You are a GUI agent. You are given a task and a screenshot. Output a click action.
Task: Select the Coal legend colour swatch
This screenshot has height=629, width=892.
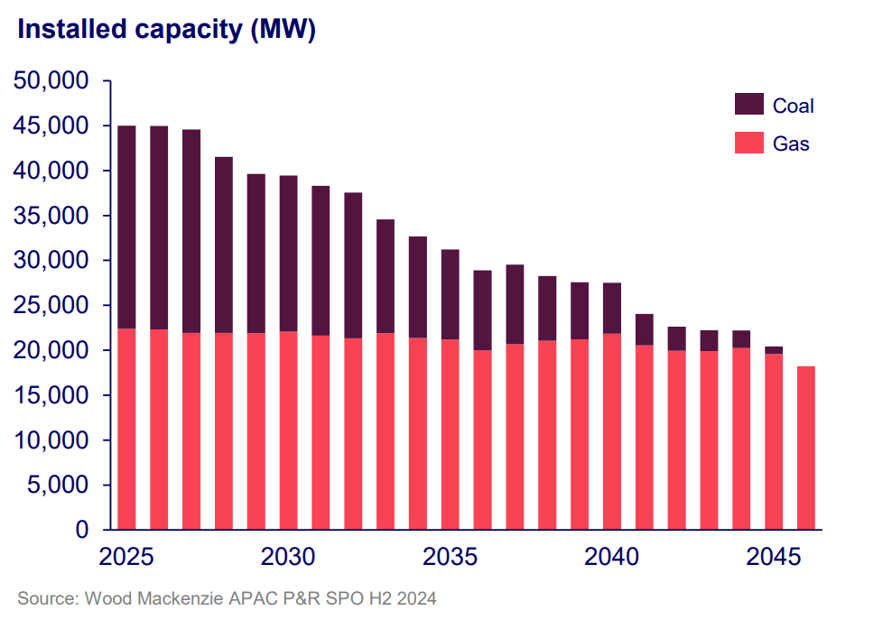tap(748, 105)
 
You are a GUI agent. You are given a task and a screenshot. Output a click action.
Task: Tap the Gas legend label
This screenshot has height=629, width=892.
tap(791, 143)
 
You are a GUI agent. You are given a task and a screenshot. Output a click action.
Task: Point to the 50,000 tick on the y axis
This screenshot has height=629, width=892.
tap(51, 81)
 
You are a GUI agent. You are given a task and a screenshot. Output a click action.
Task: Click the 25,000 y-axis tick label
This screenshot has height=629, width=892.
tap(51, 306)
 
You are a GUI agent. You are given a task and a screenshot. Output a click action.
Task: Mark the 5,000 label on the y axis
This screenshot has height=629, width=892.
tap(58, 486)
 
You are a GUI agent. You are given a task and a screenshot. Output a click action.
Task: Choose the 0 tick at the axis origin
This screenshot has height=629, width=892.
tap(81, 530)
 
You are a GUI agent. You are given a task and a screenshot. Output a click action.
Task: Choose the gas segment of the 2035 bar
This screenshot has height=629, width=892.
tap(451, 434)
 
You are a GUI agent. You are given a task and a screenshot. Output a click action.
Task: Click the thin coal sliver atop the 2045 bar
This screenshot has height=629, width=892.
tap(774, 350)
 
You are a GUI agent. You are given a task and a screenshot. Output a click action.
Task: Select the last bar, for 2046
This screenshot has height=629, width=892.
tap(806, 448)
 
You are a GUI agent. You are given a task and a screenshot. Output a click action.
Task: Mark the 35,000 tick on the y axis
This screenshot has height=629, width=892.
tap(51, 217)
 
